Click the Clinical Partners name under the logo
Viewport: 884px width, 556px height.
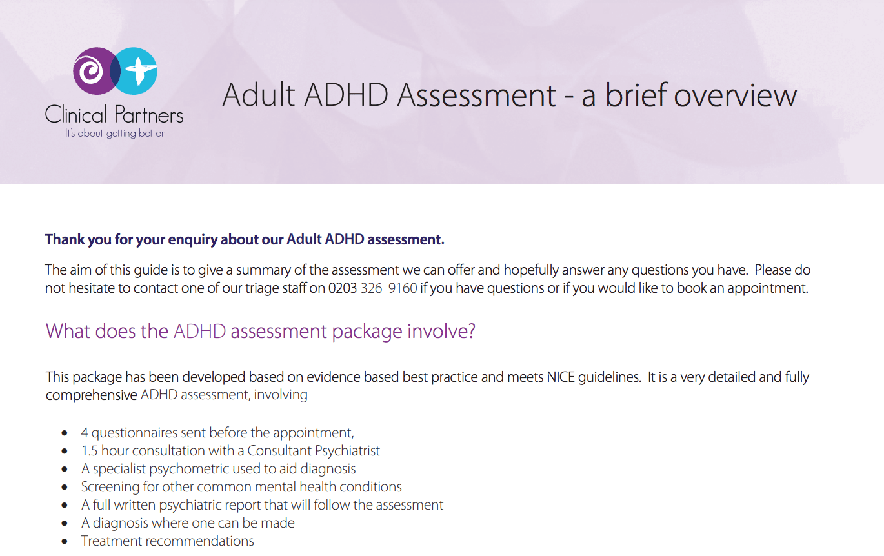(x=114, y=115)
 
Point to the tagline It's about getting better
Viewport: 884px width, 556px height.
(x=114, y=134)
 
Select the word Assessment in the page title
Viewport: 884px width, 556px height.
(x=476, y=95)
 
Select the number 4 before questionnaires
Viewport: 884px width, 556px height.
(x=85, y=433)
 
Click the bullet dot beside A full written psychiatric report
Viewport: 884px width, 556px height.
(x=64, y=505)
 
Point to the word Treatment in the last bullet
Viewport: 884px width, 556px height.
(x=110, y=541)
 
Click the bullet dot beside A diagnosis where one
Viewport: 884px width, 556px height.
(x=64, y=523)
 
